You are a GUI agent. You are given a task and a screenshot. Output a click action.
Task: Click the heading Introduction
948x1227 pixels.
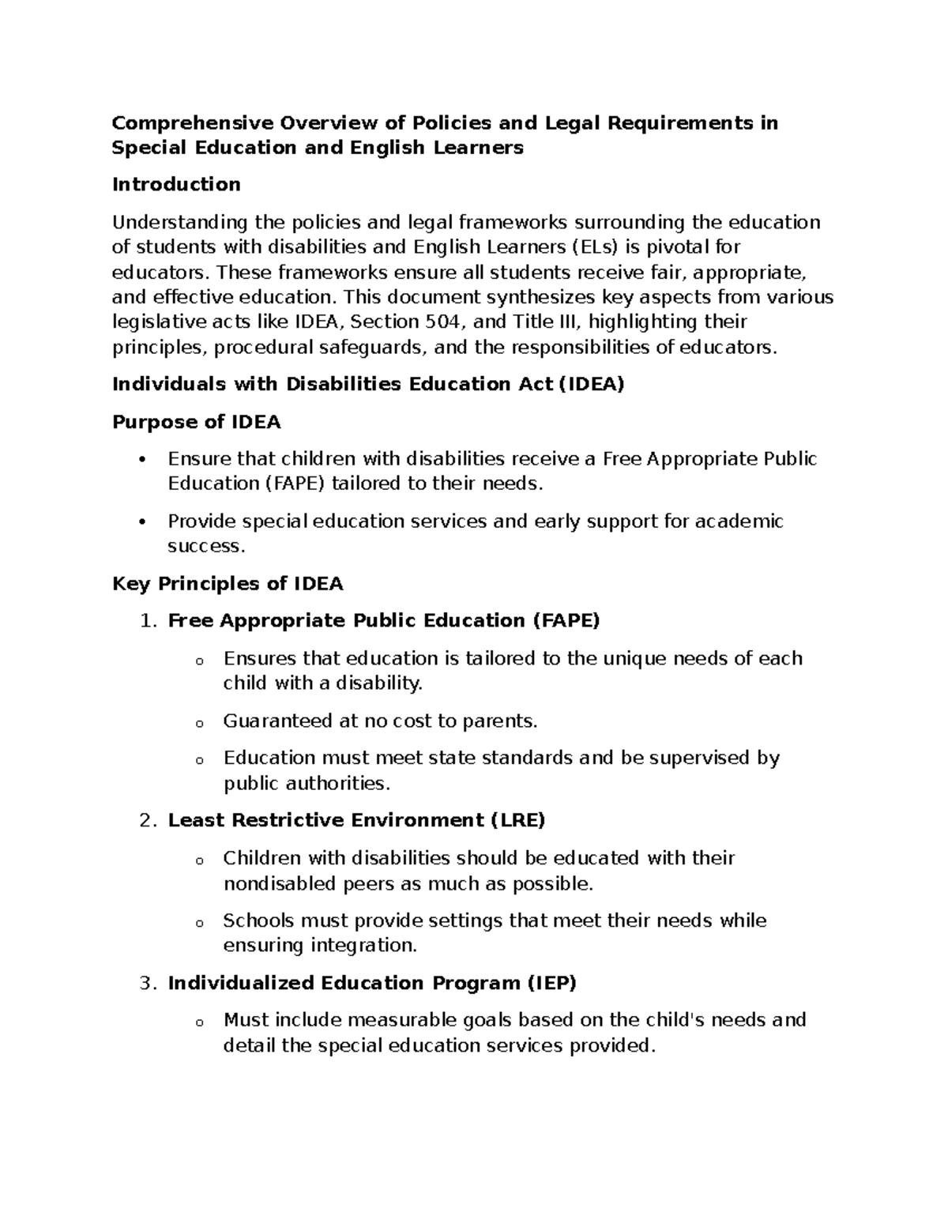(176, 185)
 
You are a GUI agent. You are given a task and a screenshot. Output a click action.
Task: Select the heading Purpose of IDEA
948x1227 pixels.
(196, 422)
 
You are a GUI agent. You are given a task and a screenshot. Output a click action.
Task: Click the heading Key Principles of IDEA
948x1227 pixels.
(228, 584)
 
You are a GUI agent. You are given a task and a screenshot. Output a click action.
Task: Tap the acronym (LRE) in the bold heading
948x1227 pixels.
(517, 821)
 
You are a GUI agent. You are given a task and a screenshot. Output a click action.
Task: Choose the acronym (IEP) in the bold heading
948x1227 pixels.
(551, 984)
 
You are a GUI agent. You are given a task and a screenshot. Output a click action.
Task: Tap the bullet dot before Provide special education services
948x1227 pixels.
(142, 522)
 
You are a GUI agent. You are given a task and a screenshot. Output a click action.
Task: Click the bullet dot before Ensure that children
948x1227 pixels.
(142, 460)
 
